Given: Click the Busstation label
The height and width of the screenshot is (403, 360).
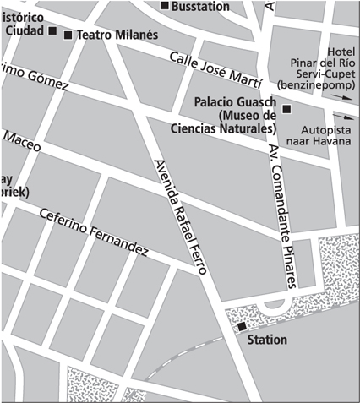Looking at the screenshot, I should (x=200, y=6).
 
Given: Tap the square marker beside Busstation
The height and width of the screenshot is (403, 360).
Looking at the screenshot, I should (x=165, y=6).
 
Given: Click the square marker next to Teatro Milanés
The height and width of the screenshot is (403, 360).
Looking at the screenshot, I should (x=68, y=35).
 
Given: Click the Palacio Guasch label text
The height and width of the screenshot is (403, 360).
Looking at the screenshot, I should (x=230, y=101).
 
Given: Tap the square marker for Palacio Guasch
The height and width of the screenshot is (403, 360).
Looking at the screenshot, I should (x=286, y=109).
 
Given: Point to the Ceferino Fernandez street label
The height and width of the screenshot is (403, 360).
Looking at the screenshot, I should (x=94, y=232).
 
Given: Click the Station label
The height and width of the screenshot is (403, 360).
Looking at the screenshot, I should (x=266, y=340).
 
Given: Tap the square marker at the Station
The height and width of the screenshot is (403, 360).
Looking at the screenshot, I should (x=241, y=326).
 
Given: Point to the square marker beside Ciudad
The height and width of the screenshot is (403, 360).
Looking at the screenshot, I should (x=52, y=32).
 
